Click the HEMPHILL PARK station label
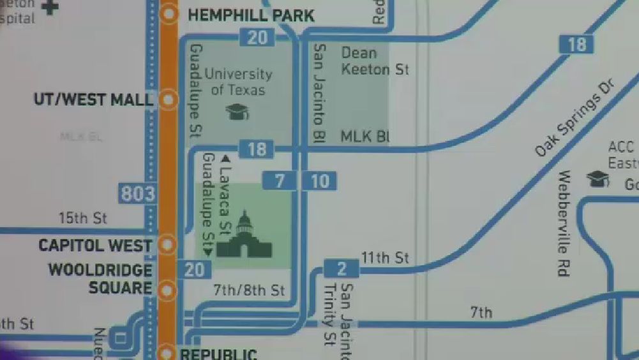click(251, 15)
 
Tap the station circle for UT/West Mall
click(169, 100)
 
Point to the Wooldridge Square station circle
click(168, 290)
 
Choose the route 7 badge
click(280, 181)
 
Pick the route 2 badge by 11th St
click(342, 268)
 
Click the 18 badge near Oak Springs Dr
click(576, 44)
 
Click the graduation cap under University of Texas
click(237, 112)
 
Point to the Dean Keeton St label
click(375, 61)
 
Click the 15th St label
click(83, 218)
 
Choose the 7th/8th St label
click(248, 290)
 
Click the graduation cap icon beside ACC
click(598, 179)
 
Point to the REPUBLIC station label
click(219, 354)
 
